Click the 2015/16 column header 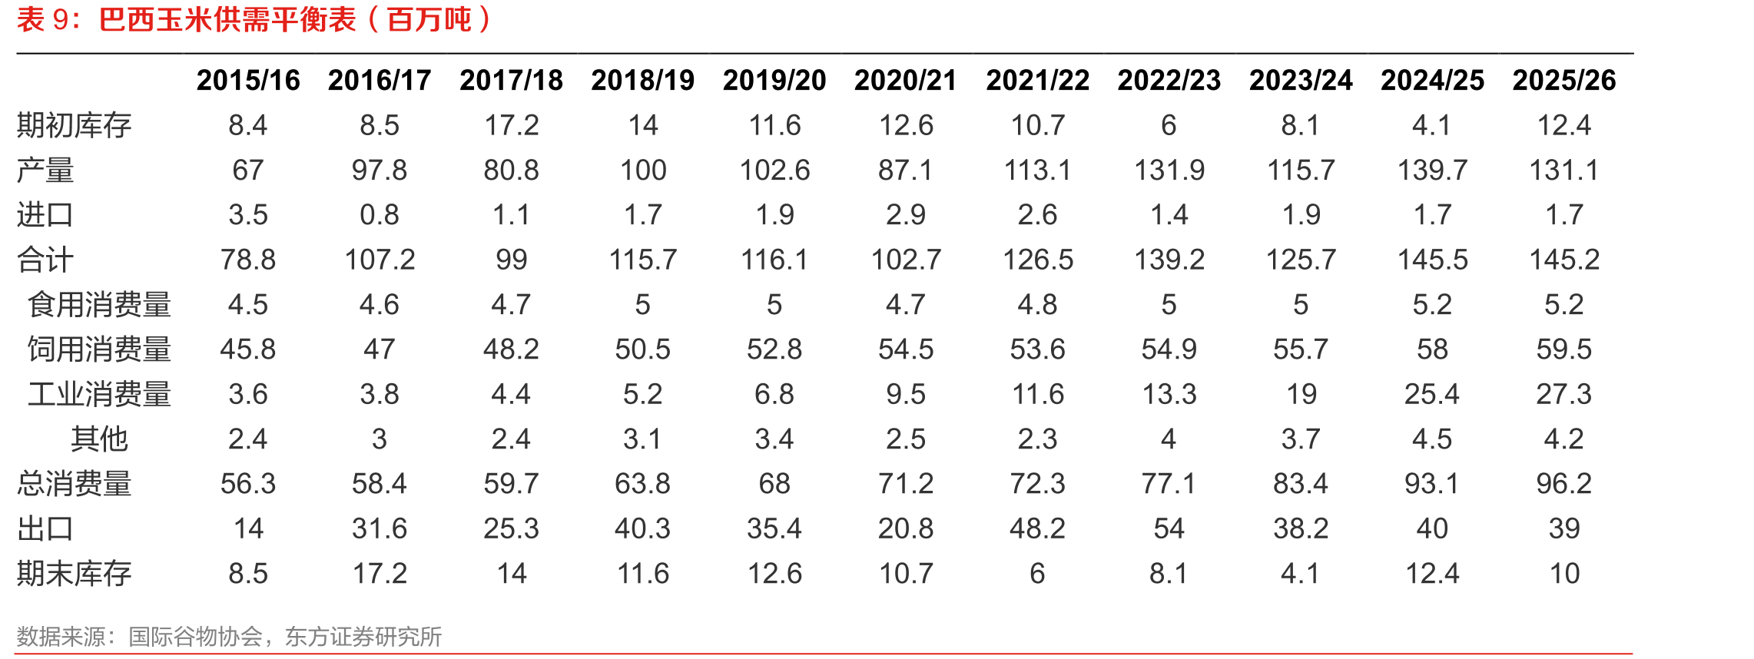(x=248, y=81)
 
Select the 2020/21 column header (x=906, y=81)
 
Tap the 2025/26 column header (x=1564, y=81)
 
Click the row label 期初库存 (x=75, y=125)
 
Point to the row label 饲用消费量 (x=99, y=349)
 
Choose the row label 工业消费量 (x=99, y=394)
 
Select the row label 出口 (x=45, y=528)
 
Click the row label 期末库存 (x=75, y=574)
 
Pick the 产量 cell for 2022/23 (x=1169, y=170)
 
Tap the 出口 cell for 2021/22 (x=1038, y=528)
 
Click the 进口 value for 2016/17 (x=380, y=215)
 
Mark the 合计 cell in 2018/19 (x=643, y=260)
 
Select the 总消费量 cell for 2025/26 (x=1564, y=484)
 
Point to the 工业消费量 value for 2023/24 (x=1301, y=394)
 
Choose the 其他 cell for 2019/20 (x=774, y=439)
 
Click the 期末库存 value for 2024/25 (x=1433, y=574)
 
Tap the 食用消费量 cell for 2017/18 (x=511, y=305)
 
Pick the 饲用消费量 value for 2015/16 (x=248, y=349)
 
